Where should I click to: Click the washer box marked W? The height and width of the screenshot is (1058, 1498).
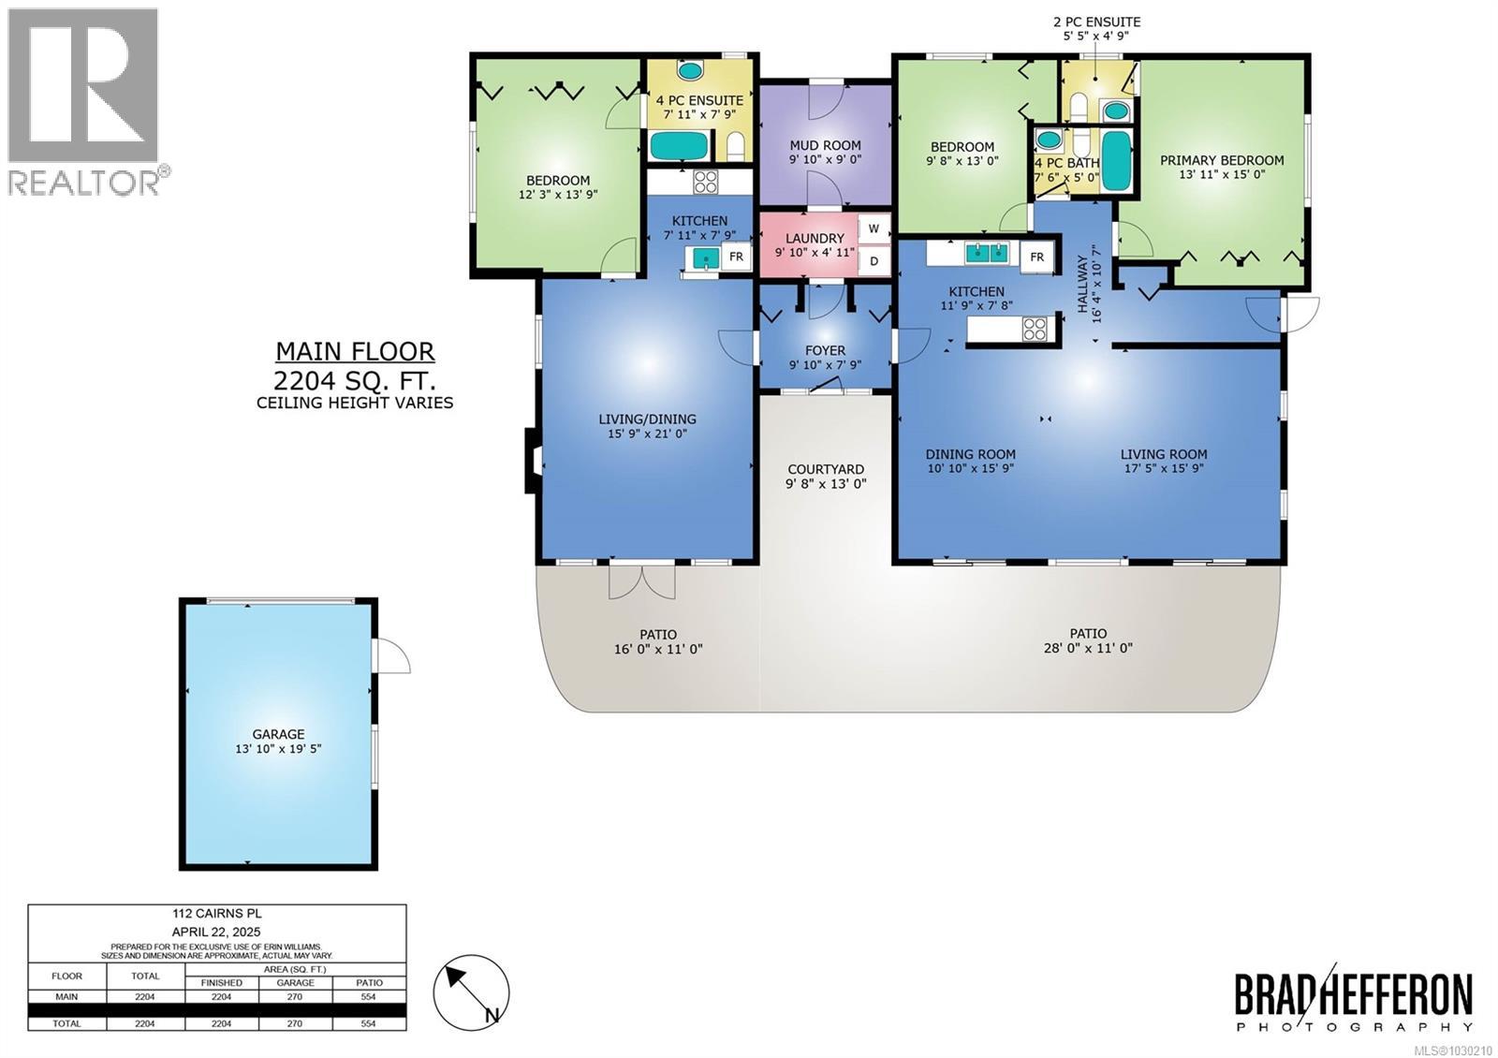pos(874,228)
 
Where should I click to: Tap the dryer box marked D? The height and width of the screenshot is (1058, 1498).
pos(874,261)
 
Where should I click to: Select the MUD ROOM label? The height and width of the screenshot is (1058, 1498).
pos(824,145)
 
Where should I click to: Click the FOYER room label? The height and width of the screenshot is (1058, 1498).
pos(824,350)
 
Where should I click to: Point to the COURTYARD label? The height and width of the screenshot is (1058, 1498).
pos(825,469)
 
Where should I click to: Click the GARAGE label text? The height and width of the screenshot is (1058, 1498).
pos(278,734)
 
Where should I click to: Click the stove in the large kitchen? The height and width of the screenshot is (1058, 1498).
pos(1034,329)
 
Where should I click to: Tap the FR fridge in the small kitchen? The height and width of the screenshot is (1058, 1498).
pos(736,257)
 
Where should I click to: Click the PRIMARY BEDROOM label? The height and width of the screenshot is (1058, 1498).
pos(1222,160)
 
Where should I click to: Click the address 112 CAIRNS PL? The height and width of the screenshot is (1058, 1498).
pos(217,914)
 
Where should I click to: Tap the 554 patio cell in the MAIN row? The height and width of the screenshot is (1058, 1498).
pos(369,996)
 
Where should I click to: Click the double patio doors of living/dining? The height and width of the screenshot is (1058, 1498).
pos(641,580)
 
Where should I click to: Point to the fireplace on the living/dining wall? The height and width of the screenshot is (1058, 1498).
pos(531,460)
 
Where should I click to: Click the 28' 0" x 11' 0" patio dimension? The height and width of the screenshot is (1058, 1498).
pos(1088,647)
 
